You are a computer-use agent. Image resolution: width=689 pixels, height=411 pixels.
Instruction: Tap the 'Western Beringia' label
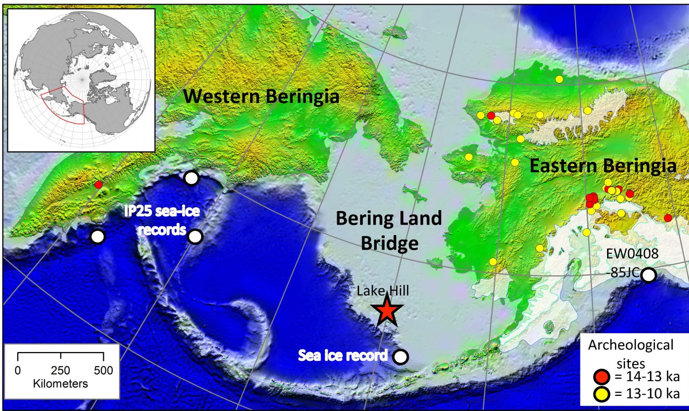[x=261, y=97]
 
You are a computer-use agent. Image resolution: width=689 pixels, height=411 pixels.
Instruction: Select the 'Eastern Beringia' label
[x=603, y=166]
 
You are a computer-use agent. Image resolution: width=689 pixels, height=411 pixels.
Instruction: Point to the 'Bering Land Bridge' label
[x=389, y=230]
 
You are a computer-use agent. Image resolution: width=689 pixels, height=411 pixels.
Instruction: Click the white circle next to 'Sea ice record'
[x=400, y=357]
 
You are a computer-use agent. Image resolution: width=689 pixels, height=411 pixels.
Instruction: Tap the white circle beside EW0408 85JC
[x=648, y=275]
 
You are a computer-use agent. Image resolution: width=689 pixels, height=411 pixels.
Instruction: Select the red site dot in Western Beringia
[x=98, y=184]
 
